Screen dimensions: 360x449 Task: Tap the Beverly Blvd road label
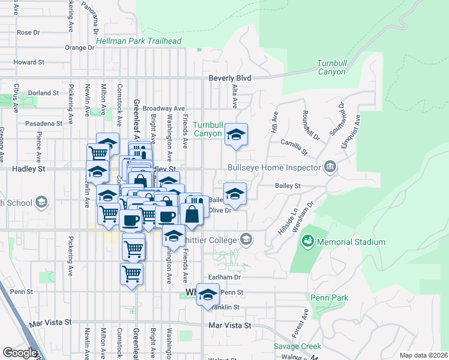pos(229,78)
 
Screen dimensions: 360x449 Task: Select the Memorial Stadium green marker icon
pos(307,241)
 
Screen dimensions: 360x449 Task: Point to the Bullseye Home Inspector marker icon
pos(330,166)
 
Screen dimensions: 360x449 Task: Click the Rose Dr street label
pos(28,32)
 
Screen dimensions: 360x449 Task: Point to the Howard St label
pos(29,62)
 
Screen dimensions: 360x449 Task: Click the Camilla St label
pos(295,143)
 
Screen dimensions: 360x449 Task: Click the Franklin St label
pos(228,307)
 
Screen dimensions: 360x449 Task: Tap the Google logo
pos(20,352)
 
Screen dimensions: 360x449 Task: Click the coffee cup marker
pos(167,216)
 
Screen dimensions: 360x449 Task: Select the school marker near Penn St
pos(208,295)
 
